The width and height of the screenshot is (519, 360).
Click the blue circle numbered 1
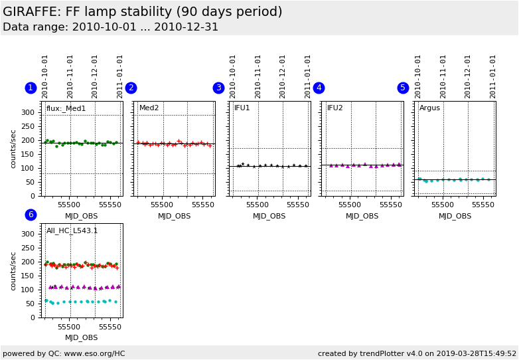click(31, 88)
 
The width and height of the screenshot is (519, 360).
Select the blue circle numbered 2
click(131, 88)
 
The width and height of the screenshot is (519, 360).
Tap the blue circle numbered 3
click(218, 88)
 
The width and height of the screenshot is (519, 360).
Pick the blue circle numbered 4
click(319, 88)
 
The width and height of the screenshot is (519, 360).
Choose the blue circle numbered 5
click(403, 88)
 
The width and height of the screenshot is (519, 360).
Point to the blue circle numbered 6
click(31, 215)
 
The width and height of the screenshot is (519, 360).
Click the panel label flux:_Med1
click(66, 108)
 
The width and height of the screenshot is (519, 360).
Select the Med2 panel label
click(149, 108)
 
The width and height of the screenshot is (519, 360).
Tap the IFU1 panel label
click(242, 108)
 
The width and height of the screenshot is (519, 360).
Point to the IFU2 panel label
click(335, 108)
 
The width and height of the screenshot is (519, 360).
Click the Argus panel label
click(429, 108)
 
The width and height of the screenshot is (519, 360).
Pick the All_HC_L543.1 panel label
click(72, 231)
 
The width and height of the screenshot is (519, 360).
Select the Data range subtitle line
click(110, 27)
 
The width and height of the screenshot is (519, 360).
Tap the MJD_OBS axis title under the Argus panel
click(455, 216)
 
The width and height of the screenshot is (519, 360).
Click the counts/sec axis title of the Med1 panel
click(13, 149)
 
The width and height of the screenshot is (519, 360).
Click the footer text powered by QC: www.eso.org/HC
click(64, 353)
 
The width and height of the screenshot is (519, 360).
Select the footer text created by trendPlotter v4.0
click(417, 353)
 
